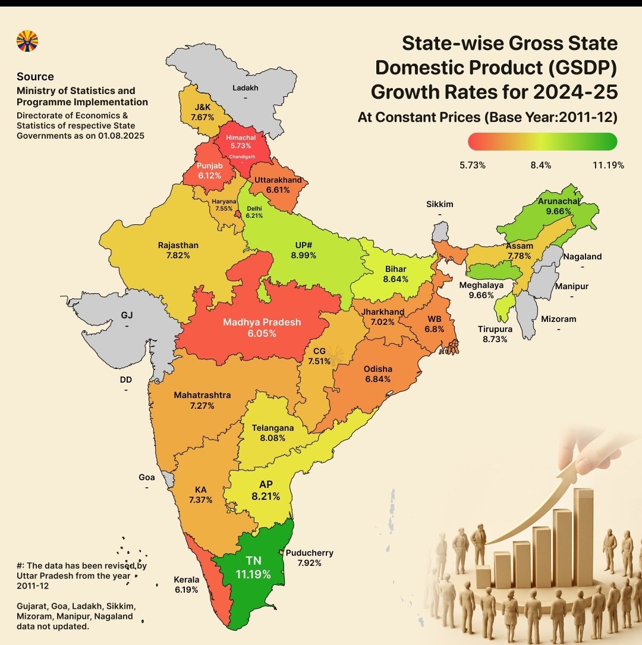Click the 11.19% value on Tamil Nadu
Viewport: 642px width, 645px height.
[253, 574]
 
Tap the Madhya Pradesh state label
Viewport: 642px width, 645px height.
[262, 322]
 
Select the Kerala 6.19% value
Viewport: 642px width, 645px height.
[185, 590]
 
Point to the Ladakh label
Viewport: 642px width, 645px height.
[242, 88]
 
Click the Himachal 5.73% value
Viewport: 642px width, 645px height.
[241, 145]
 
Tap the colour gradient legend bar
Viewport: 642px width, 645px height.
[542, 141]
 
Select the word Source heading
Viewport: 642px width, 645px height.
[35, 77]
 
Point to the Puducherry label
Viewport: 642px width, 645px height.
[309, 552]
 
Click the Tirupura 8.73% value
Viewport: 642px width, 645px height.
[494, 339]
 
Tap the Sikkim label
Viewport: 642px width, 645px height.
[439, 204]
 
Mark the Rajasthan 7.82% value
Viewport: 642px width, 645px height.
[178, 255]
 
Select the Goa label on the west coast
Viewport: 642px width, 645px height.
[146, 477]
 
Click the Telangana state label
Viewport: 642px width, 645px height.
[272, 427]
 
